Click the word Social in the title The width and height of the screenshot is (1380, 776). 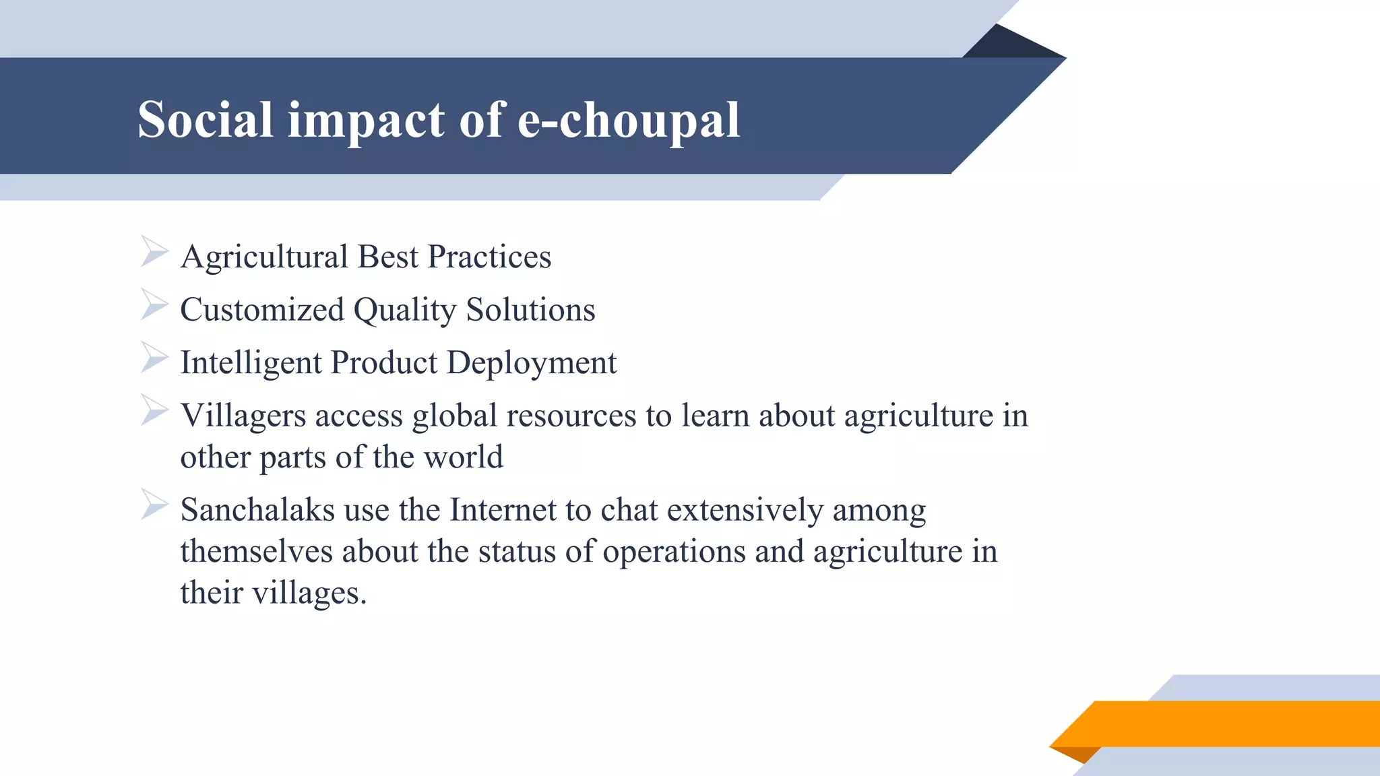(x=205, y=120)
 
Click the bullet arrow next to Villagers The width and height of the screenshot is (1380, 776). (x=154, y=410)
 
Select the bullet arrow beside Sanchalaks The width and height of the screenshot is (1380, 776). (x=154, y=505)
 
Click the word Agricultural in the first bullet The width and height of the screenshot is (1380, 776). (x=264, y=257)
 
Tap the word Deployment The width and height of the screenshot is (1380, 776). (x=531, y=364)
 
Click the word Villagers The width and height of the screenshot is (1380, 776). (x=243, y=416)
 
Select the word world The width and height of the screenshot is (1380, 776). (x=463, y=457)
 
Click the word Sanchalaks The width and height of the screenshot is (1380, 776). (x=257, y=510)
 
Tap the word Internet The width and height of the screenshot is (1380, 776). (x=502, y=510)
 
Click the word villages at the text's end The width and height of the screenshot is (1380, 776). (x=309, y=593)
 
